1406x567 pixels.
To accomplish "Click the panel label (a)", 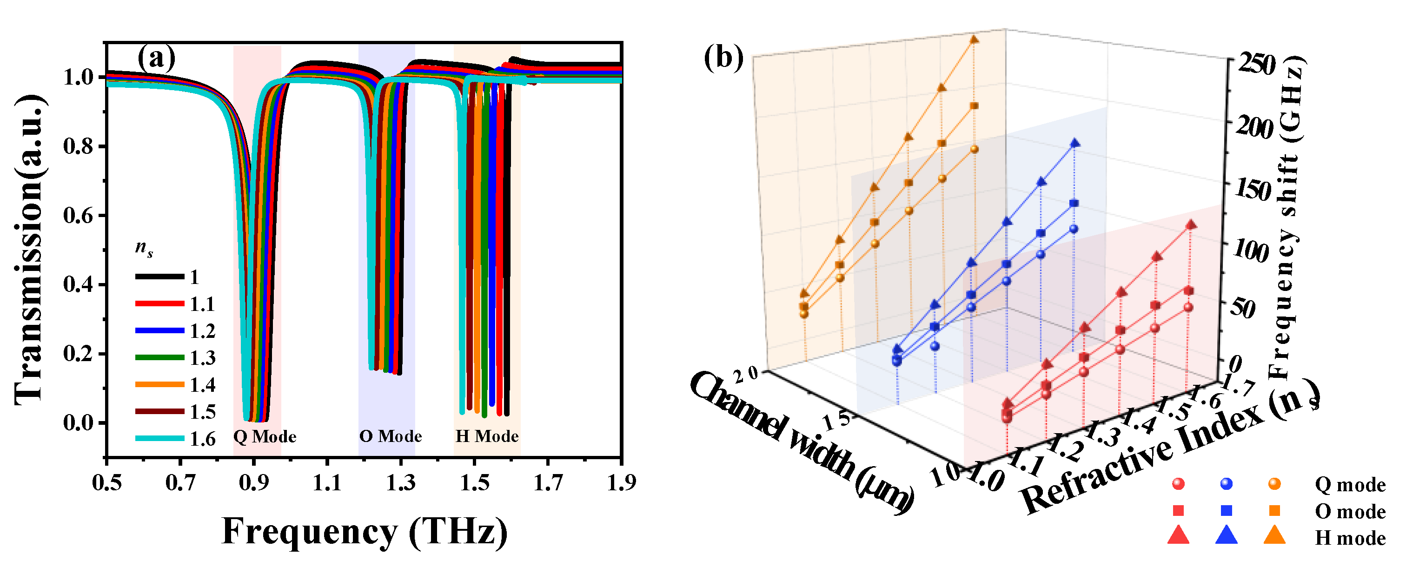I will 156,58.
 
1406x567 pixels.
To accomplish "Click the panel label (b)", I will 723,58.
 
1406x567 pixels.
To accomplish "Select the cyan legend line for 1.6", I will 159,438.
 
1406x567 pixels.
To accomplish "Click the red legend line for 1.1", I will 159,303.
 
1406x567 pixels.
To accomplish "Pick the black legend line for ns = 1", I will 159,277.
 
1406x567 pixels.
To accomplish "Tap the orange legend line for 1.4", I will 159,384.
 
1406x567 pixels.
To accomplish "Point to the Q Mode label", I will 265,436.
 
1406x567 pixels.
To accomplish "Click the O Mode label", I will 390,436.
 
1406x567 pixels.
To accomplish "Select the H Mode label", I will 487,436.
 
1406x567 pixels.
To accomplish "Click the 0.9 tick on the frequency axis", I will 253,483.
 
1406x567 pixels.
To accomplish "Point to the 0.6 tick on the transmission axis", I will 80,216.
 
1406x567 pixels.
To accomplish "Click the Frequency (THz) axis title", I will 365,531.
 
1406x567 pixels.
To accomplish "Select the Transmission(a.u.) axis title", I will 28,250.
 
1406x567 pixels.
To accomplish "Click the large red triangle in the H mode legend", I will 1178,535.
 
